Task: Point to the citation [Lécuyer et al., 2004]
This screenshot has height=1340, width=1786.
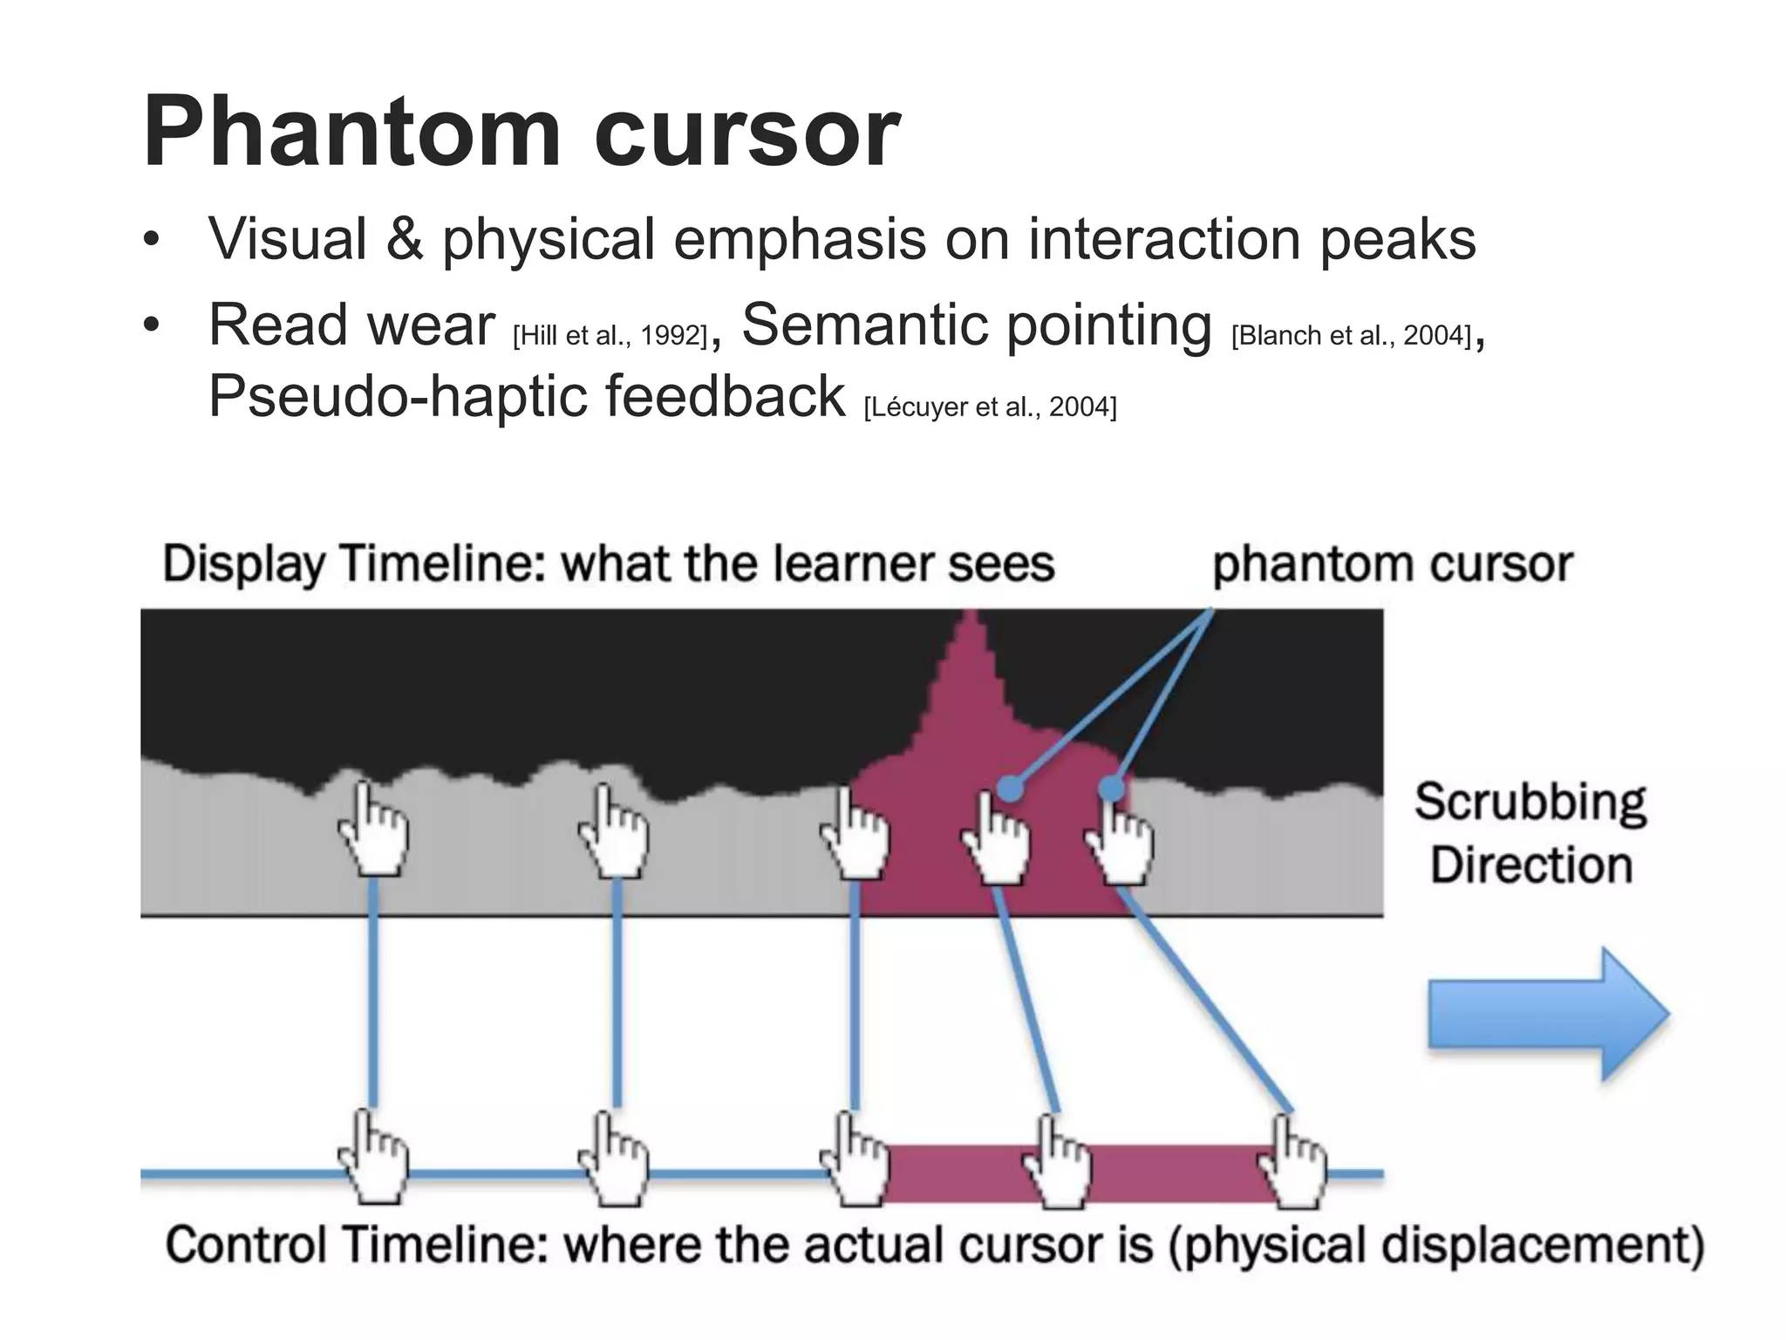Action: [990, 407]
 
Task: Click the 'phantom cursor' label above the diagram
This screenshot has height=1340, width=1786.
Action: [1392, 564]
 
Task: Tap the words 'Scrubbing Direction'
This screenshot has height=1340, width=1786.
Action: [1530, 833]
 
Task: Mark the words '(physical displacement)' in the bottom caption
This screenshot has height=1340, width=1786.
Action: [1435, 1245]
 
